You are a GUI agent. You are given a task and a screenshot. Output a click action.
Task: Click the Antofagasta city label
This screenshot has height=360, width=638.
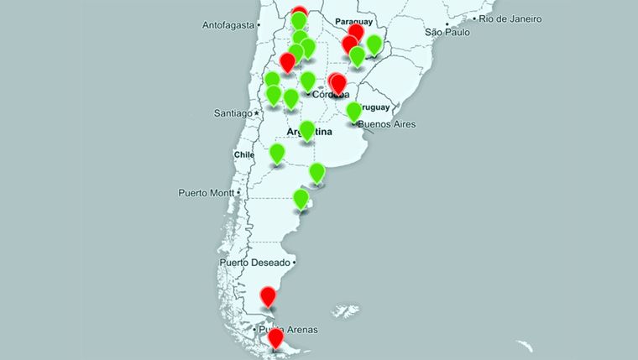click(x=227, y=25)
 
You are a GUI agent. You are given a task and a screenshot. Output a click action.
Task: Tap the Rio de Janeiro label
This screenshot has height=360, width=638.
click(x=510, y=18)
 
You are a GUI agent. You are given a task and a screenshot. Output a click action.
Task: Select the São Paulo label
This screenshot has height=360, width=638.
click(x=446, y=32)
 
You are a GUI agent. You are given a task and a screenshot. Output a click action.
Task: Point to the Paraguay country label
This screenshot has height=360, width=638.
click(x=353, y=21)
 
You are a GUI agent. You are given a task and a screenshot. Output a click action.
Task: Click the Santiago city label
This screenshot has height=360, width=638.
click(x=232, y=112)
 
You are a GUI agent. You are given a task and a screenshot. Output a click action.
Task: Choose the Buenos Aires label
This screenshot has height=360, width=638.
click(x=386, y=125)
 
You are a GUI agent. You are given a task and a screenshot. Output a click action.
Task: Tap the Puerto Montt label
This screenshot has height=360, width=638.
click(x=207, y=193)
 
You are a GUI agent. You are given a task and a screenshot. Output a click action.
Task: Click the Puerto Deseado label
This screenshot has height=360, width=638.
click(x=254, y=263)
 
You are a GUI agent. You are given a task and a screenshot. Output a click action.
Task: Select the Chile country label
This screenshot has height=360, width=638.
click(x=244, y=154)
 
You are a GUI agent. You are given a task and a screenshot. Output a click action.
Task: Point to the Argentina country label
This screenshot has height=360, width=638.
click(x=309, y=133)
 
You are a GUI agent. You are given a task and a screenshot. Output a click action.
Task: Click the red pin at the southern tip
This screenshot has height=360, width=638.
click(x=275, y=337)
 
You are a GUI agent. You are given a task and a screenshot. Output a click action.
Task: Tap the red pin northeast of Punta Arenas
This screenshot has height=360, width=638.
click(x=268, y=295)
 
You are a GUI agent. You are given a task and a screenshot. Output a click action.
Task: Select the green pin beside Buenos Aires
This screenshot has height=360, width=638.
click(x=354, y=111)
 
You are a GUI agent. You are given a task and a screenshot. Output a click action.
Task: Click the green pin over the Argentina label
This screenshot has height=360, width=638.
click(x=307, y=130)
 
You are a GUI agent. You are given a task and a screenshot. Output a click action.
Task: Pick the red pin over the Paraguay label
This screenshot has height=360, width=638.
click(x=356, y=32)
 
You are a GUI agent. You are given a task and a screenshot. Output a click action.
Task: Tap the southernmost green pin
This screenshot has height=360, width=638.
click(x=301, y=198)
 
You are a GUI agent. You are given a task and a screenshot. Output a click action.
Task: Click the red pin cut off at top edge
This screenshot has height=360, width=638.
click(x=300, y=13)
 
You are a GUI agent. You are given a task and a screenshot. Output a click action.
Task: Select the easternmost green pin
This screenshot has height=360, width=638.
click(x=374, y=44)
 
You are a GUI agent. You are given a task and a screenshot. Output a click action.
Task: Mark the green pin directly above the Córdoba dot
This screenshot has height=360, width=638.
click(x=308, y=81)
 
